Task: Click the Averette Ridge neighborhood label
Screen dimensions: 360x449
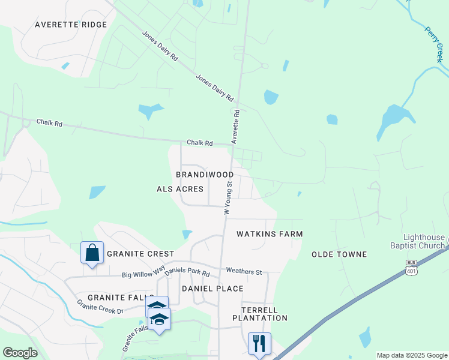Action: tap(71, 25)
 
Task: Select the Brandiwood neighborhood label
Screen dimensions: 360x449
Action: tap(205, 175)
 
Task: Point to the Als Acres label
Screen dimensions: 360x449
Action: tap(176, 189)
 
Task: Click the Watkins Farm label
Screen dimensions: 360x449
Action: tap(270, 233)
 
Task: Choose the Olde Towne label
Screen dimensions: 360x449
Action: tap(339, 254)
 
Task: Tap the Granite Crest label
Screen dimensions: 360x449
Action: tap(140, 254)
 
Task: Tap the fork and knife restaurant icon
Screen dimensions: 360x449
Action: tap(259, 343)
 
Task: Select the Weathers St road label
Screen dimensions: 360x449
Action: tap(244, 272)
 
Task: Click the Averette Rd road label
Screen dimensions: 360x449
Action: tap(236, 127)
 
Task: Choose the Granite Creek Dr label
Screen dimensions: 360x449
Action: tap(100, 307)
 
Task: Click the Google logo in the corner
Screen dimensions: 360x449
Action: tap(20, 352)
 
